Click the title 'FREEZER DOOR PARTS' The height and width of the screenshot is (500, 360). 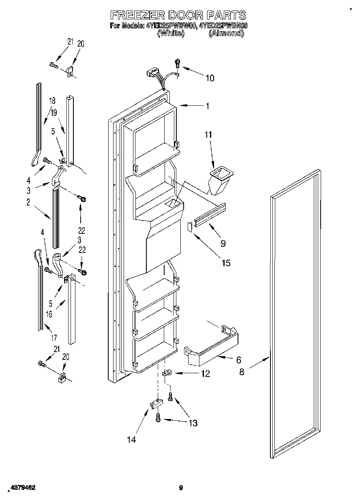(x=178, y=15)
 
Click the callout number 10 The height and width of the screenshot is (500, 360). (x=210, y=78)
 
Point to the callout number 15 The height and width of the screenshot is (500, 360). (x=226, y=263)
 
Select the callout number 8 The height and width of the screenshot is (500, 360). (x=242, y=372)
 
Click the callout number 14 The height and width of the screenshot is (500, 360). (x=131, y=439)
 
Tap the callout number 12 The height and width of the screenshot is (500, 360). (x=206, y=374)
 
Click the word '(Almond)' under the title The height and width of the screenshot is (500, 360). (x=226, y=34)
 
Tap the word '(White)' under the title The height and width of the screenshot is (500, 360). (x=171, y=34)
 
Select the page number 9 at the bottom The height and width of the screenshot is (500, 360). (x=182, y=488)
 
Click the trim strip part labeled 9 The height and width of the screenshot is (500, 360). (x=210, y=214)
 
